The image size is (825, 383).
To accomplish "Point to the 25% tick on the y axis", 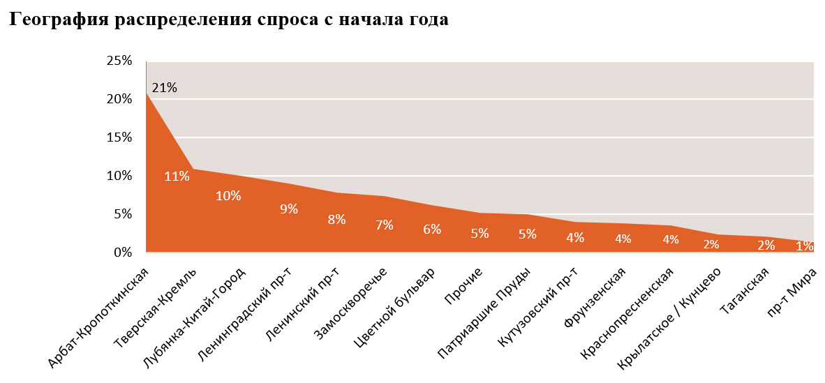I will point(119,61).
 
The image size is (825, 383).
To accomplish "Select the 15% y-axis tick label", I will point(119,137).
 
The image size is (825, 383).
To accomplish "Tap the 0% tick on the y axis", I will point(122,253).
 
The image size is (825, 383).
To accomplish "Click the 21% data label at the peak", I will point(164,88).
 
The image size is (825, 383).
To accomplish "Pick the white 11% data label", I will point(177,176).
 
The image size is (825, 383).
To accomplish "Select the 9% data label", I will point(289,209).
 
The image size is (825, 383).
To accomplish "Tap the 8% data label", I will point(336,219).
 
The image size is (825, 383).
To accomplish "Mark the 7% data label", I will point(385,225).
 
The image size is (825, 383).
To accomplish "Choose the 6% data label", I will point(432,230).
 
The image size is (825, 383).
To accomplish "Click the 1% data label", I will point(804,246).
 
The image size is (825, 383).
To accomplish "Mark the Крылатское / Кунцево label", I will point(671,320).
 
